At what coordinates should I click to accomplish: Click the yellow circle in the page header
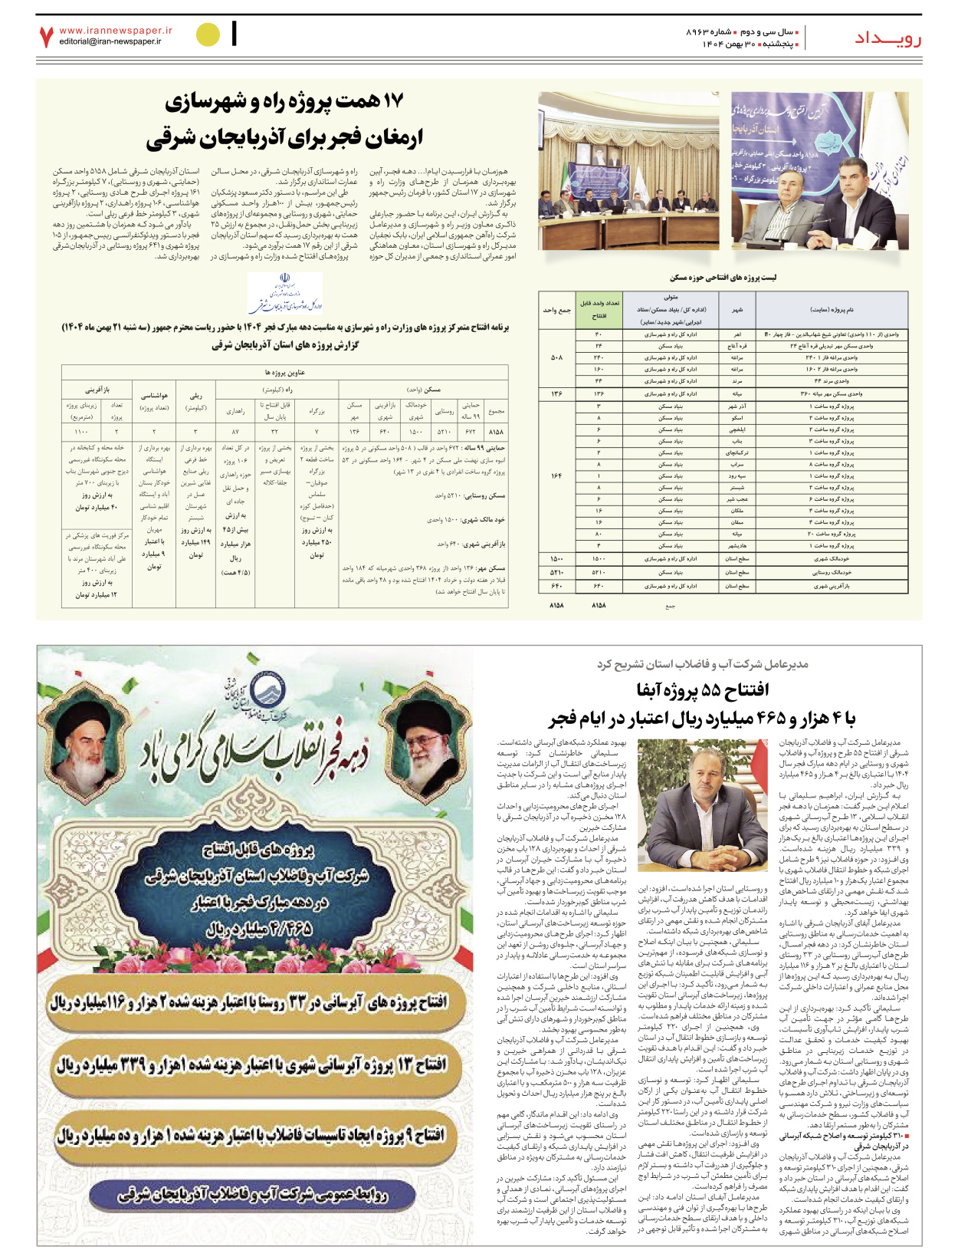click(x=208, y=35)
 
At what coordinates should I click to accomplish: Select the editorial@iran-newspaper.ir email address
click(x=110, y=41)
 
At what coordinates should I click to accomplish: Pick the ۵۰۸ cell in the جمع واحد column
click(x=556, y=357)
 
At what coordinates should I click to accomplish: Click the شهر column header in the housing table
click(x=737, y=310)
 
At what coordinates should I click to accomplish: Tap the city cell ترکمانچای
click(x=737, y=453)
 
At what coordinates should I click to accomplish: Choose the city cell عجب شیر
click(x=737, y=499)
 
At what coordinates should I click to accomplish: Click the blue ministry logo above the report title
click(x=284, y=294)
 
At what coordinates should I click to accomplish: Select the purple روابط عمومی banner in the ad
click(x=253, y=1195)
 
